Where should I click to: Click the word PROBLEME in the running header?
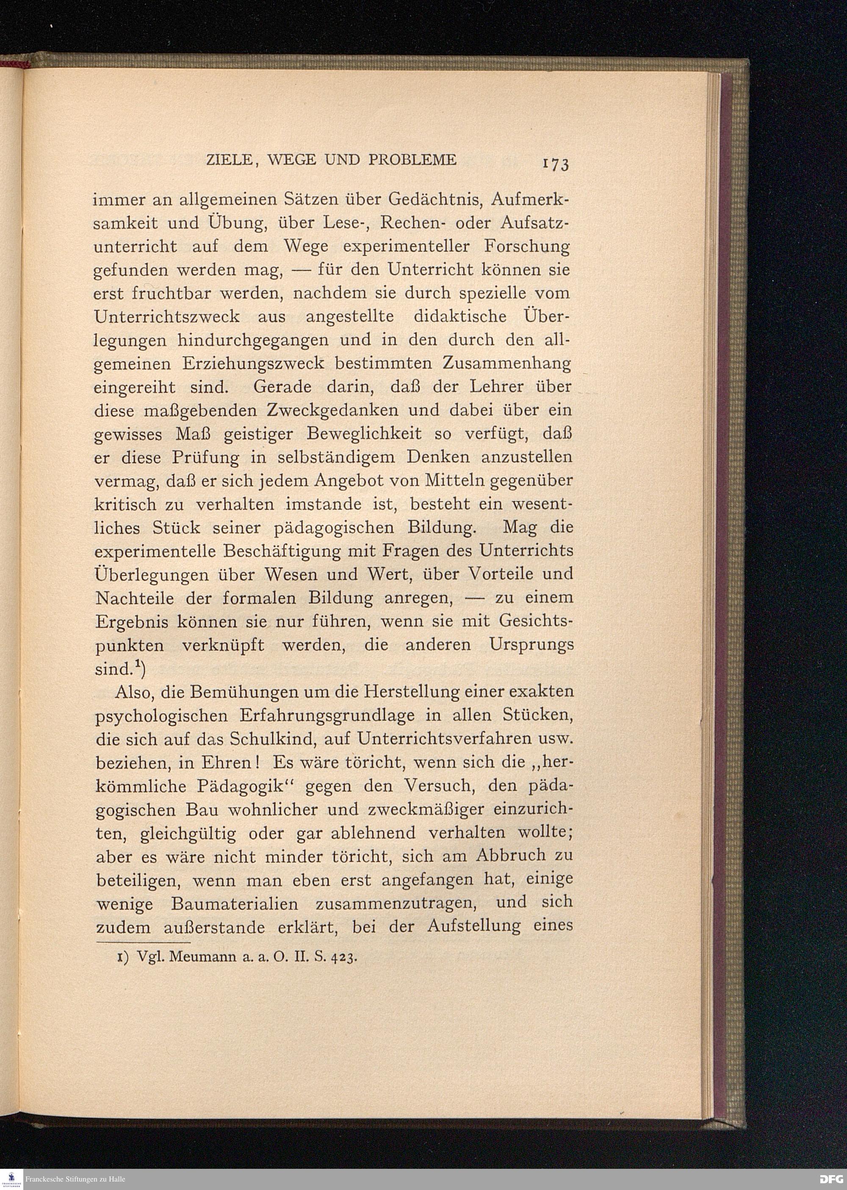coord(412,160)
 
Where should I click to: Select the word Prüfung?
coord(205,458)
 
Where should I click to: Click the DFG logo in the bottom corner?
coord(831,1179)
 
